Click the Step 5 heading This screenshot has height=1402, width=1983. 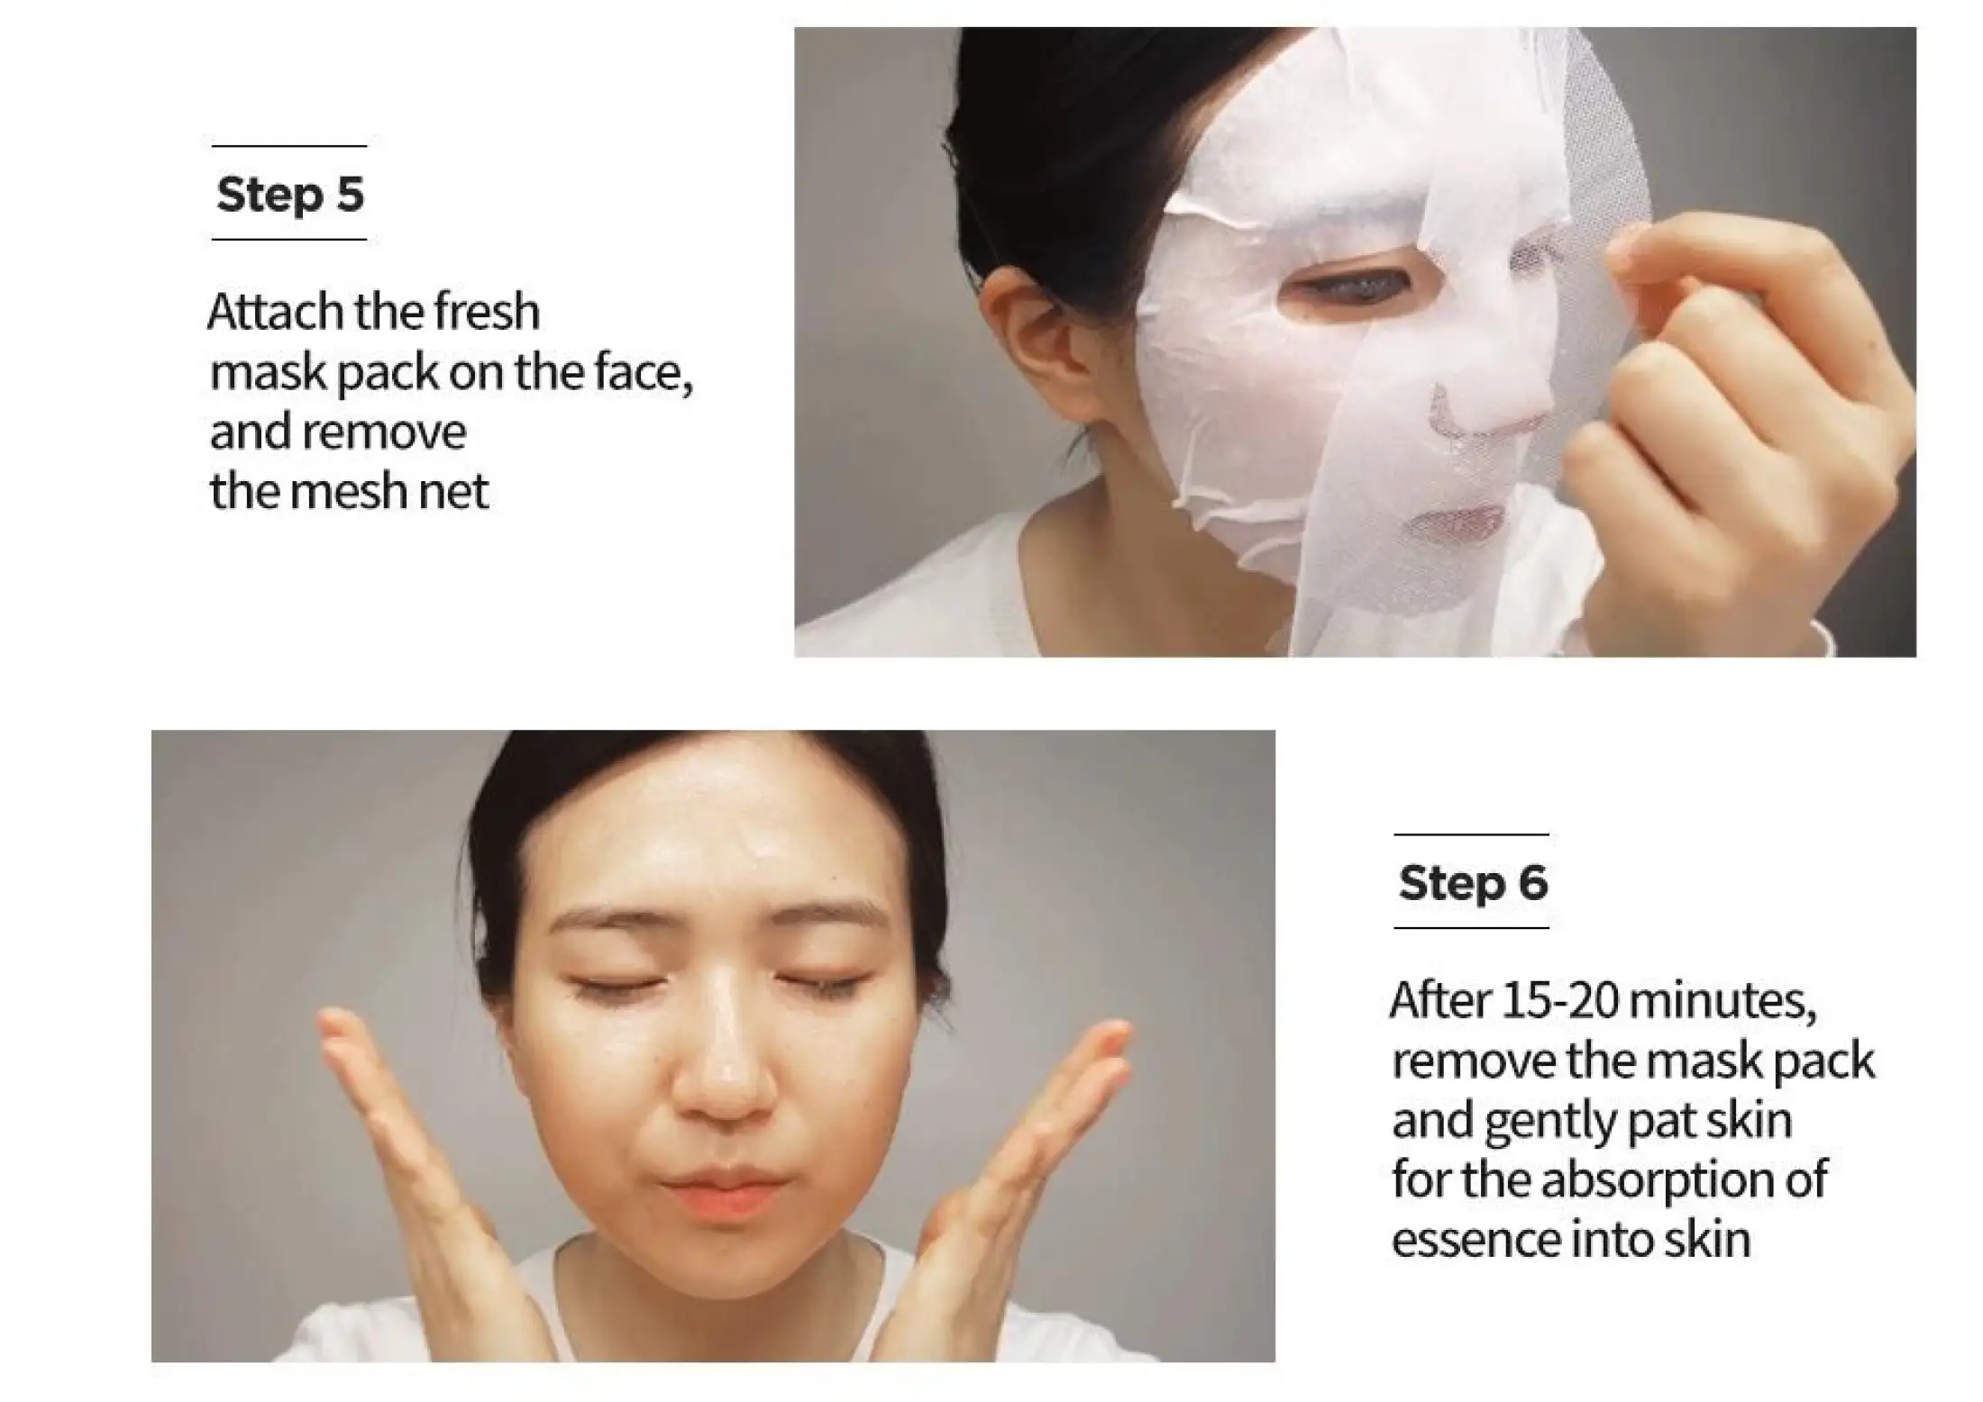[290, 194]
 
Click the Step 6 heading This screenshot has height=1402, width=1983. [1473, 882]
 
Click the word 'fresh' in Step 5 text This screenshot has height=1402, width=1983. [486, 312]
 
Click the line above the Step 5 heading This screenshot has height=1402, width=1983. [289, 146]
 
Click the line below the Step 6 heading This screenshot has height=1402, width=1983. [1471, 927]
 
